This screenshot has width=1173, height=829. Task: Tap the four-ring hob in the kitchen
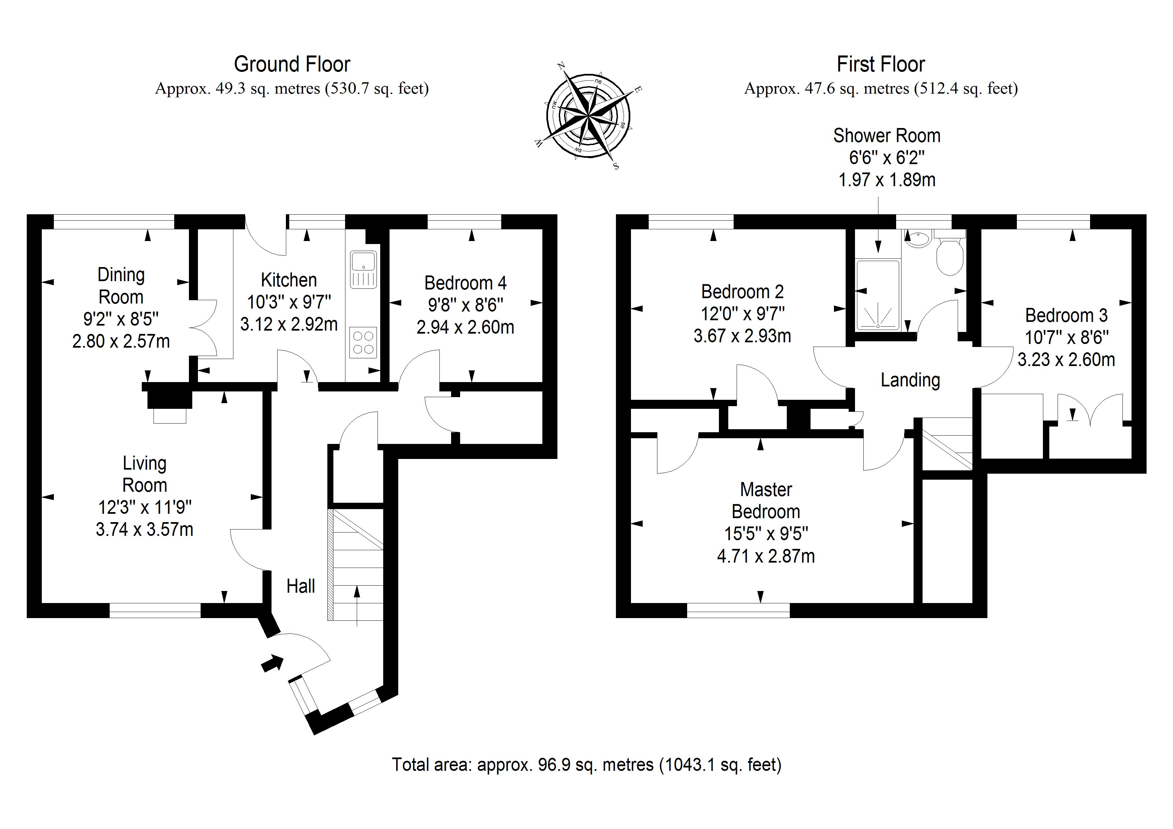tap(363, 342)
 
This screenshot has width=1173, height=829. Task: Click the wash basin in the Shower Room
tap(919, 239)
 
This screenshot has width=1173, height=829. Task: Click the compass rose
tap(588, 116)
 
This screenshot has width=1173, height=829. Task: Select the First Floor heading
tap(880, 65)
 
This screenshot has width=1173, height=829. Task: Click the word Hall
tap(300, 586)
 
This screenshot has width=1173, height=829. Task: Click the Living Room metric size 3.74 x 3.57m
tap(144, 529)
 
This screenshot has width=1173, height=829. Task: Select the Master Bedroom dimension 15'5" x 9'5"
tap(766, 534)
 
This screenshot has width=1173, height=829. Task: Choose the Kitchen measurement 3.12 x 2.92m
tap(289, 324)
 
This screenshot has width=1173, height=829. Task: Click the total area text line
tap(586, 764)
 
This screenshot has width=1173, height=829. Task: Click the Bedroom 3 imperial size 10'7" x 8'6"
tap(1066, 338)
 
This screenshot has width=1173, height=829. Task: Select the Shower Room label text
tap(886, 135)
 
